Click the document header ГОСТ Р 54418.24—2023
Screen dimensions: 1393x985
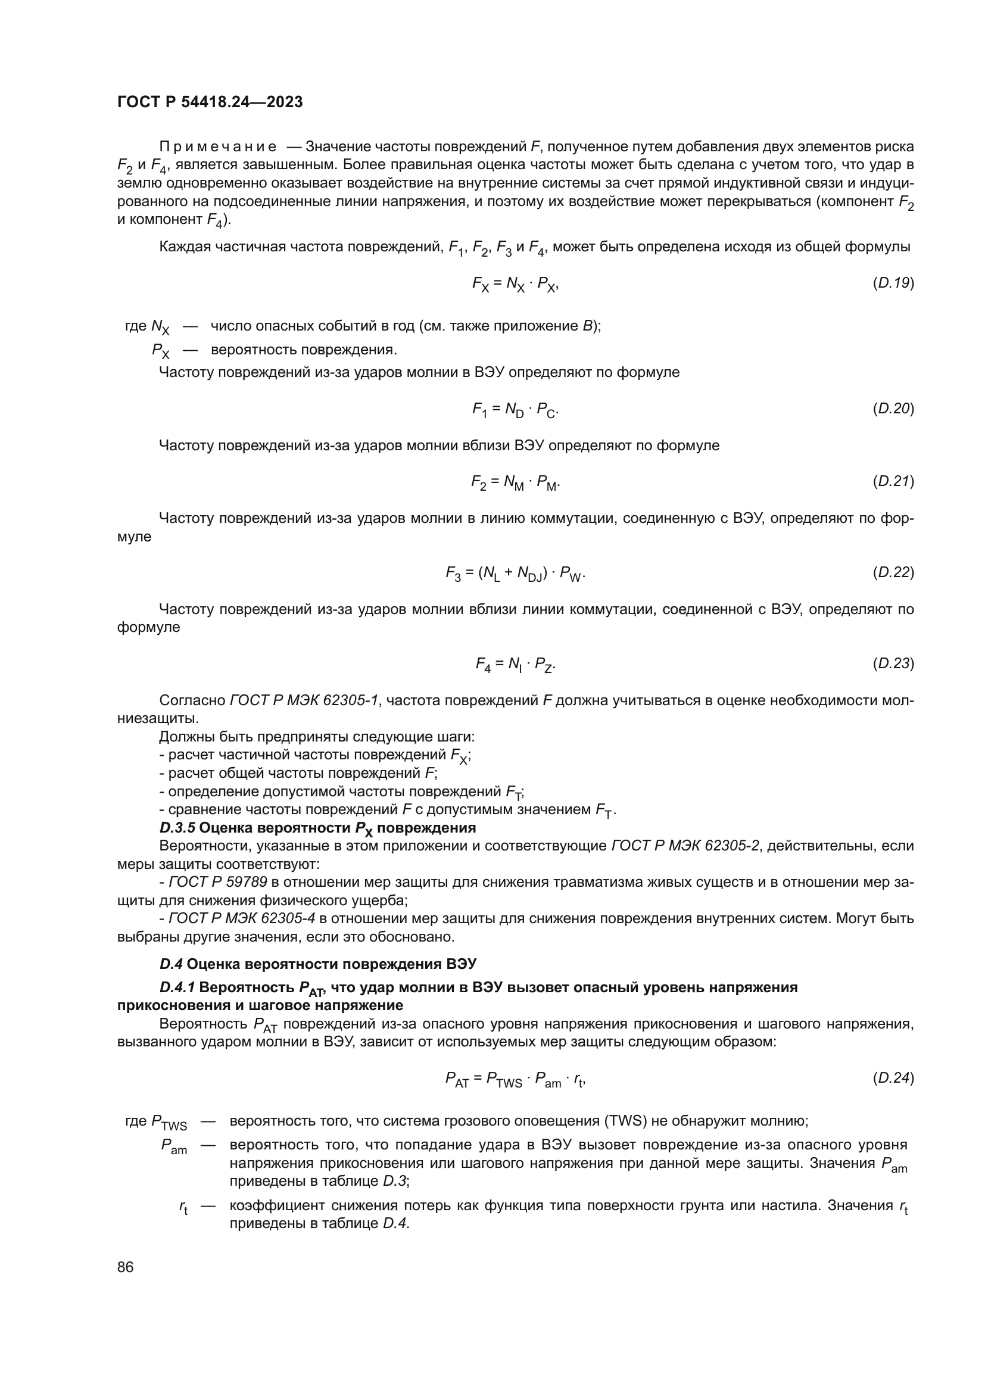[210, 102]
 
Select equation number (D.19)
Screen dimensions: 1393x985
[893, 283]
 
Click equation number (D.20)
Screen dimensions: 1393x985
[893, 409]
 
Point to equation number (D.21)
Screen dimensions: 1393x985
[893, 482]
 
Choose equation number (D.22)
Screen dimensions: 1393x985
[893, 572]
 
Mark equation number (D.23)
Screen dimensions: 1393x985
[893, 663]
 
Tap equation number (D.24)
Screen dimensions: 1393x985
[893, 1078]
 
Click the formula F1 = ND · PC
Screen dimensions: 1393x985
[515, 410]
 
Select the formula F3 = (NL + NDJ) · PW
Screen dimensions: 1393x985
[515, 574]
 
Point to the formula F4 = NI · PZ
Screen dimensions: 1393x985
[515, 665]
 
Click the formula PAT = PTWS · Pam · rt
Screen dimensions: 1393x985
[515, 1079]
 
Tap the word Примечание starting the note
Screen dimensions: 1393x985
[218, 147]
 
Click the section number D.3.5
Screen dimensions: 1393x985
[177, 828]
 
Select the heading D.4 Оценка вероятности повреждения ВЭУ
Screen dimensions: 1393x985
[318, 964]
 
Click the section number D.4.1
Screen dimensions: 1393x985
[177, 987]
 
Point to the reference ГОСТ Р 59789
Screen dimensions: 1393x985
[218, 882]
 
